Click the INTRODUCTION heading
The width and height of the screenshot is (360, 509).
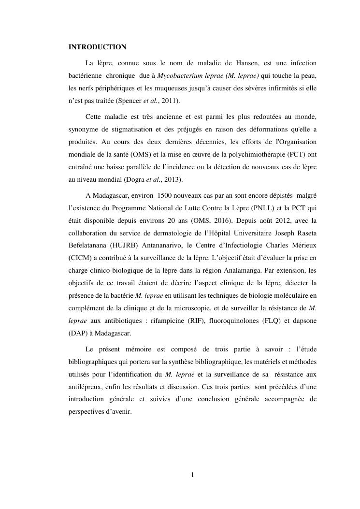pos(97,47)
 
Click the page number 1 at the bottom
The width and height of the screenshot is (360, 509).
pos(192,475)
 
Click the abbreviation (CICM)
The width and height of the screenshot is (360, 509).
pos(80,259)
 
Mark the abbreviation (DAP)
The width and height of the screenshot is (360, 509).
pos(79,334)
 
